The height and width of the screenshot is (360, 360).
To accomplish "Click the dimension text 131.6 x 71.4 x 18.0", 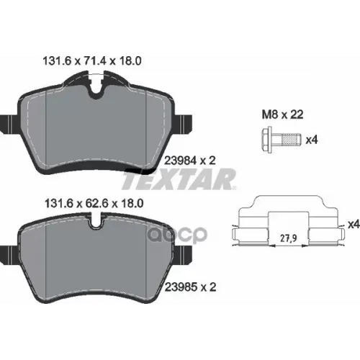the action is click(92, 61).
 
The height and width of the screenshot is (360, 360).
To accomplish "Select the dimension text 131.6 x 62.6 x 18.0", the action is click(94, 204).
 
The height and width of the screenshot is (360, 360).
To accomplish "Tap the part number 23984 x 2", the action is click(190, 161).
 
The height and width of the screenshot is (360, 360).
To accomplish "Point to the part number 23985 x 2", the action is click(190, 287).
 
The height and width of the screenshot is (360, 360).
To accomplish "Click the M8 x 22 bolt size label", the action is click(282, 114).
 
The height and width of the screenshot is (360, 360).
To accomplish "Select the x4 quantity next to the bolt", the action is click(312, 140).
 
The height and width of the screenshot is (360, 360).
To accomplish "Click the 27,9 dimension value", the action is click(289, 238).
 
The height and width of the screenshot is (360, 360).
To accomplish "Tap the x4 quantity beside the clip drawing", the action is click(354, 225).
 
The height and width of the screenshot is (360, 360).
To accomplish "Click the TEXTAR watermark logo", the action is click(179, 179).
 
